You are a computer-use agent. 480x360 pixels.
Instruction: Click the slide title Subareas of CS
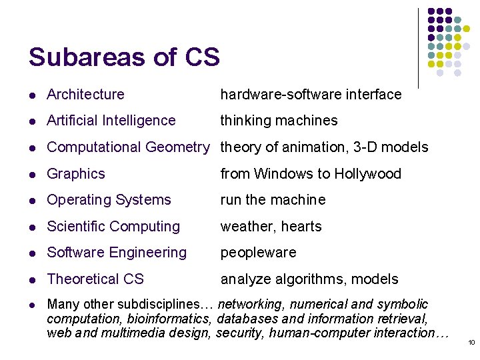(x=124, y=57)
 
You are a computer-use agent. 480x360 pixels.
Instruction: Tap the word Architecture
(x=85, y=95)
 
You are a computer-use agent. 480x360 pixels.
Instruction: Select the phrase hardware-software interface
(x=311, y=95)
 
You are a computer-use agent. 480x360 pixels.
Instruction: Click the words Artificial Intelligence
(x=111, y=121)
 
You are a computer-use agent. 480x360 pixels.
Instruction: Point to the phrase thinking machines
(x=279, y=121)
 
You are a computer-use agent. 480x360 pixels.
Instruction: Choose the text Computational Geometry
(x=128, y=147)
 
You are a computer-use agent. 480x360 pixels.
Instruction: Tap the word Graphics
(x=76, y=174)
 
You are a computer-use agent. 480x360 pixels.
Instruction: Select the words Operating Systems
(x=109, y=200)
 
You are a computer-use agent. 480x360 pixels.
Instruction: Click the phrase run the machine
(x=273, y=200)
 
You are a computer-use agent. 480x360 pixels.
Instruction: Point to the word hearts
(x=301, y=227)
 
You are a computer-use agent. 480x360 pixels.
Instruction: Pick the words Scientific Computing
(x=113, y=227)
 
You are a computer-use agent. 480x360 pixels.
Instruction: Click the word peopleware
(x=258, y=253)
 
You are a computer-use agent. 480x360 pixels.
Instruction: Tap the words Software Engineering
(x=117, y=253)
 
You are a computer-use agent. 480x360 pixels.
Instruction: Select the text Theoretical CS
(x=95, y=279)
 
